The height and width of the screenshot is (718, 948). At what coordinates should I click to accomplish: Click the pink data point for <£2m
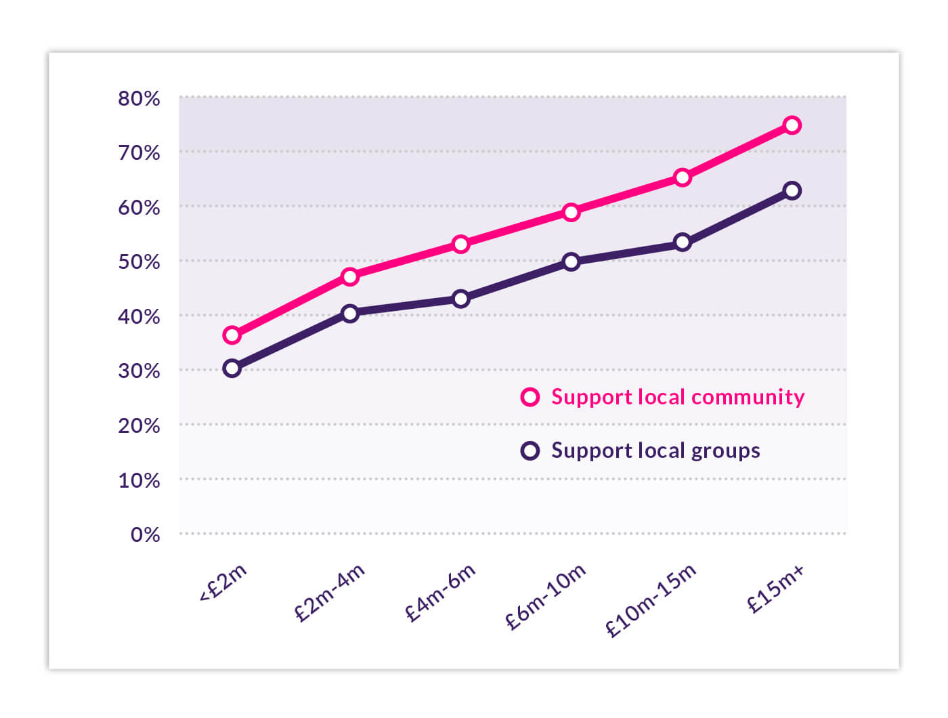tap(232, 335)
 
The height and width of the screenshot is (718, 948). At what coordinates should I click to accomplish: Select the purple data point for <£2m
tap(232, 368)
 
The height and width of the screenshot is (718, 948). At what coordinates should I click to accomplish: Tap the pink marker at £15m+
tap(792, 125)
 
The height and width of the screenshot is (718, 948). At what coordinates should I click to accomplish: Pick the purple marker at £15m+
tap(792, 190)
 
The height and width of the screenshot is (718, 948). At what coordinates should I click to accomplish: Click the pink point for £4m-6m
tap(460, 244)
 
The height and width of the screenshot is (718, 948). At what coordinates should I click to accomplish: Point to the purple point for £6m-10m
tap(571, 261)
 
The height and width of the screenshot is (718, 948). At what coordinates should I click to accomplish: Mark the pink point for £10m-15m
tap(682, 177)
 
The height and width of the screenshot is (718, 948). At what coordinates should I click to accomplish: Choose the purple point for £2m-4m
tap(349, 313)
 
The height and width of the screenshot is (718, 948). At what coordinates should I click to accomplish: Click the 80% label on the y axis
tap(139, 99)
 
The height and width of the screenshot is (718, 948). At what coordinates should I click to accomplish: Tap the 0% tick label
tap(145, 535)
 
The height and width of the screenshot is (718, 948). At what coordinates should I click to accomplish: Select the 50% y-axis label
tap(139, 262)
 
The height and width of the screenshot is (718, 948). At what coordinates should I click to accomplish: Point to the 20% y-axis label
tap(139, 426)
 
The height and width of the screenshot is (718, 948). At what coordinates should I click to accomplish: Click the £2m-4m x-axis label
tap(330, 592)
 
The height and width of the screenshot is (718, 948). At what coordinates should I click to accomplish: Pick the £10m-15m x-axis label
tap(651, 600)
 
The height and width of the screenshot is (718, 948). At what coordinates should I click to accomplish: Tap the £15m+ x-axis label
tap(776, 589)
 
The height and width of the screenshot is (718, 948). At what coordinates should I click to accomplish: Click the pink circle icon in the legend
tap(530, 397)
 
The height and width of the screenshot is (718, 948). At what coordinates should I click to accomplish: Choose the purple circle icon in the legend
tap(530, 450)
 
